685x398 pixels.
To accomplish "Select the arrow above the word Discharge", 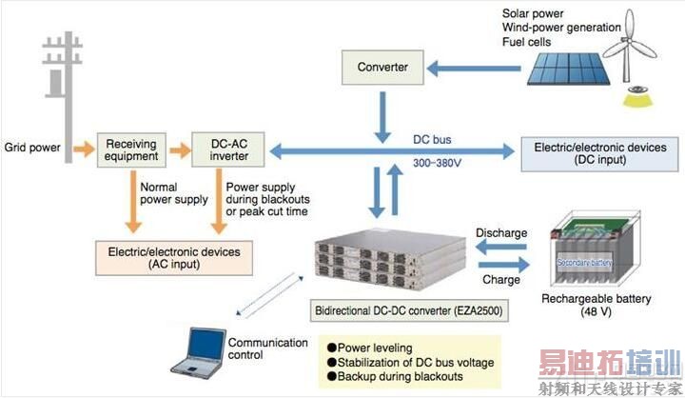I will point(500,247).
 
